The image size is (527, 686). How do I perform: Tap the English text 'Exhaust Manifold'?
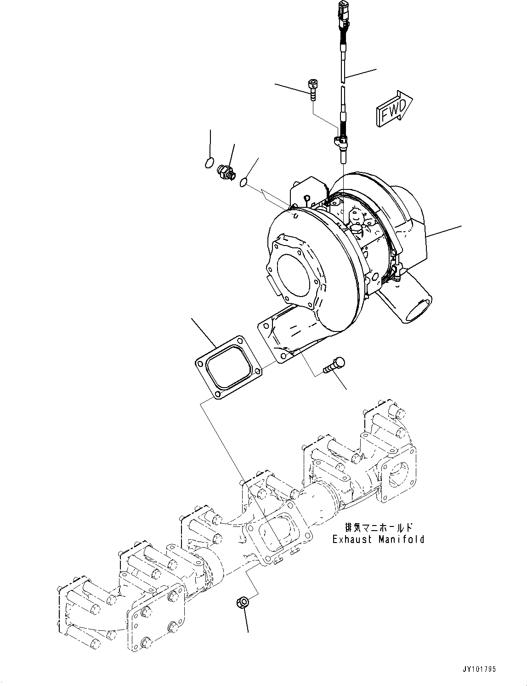click(x=378, y=539)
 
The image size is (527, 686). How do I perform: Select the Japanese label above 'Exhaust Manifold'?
click(x=378, y=527)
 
